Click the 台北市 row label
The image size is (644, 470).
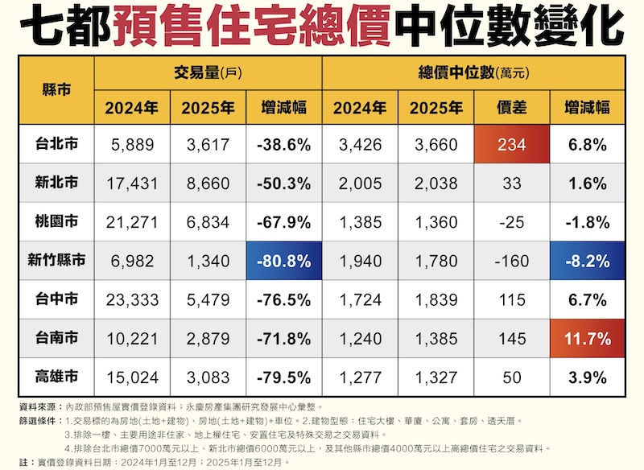tap(56, 145)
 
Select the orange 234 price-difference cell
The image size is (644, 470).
tap(513, 145)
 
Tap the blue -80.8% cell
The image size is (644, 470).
tap(284, 261)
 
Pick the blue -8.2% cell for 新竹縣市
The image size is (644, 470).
tap(585, 261)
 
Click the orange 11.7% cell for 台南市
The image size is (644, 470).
tap(585, 339)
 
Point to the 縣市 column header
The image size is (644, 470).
tap(56, 89)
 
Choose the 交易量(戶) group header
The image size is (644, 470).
tap(208, 73)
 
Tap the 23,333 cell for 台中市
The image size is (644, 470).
tap(132, 300)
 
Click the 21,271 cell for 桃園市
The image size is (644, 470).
tap(132, 222)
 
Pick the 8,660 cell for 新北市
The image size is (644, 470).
tap(208, 183)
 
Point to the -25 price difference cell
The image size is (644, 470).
tap(513, 222)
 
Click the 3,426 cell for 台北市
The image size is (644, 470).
tap(360, 145)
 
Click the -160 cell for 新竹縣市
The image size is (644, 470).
tap(513, 261)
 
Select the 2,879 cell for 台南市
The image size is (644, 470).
tap(208, 339)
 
